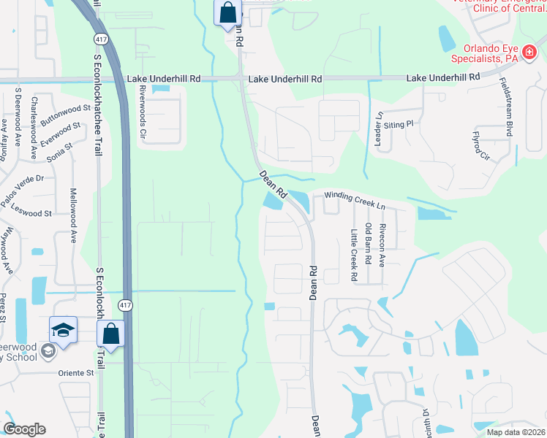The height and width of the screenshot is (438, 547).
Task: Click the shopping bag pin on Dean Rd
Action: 228,12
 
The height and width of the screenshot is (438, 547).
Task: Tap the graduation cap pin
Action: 64,329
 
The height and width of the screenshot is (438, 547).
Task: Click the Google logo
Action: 24,429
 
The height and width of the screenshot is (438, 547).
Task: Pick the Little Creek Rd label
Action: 353,255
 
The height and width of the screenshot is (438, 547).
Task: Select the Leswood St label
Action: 31,211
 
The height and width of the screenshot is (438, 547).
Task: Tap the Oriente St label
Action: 77,372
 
